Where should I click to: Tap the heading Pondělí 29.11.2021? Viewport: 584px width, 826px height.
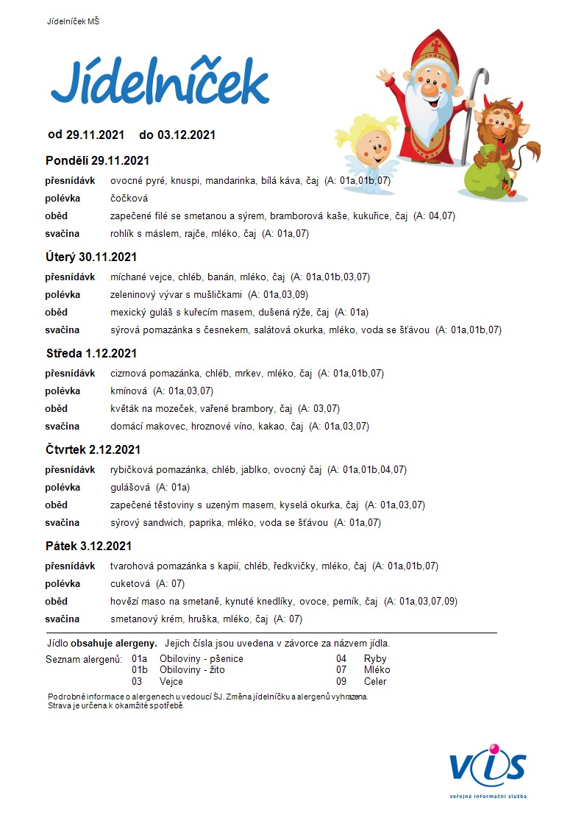[97, 160]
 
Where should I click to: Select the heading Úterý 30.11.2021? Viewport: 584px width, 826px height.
[91, 257]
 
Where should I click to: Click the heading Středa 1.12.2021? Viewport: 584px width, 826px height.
[92, 353]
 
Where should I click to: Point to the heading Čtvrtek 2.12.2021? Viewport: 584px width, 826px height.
[93, 449]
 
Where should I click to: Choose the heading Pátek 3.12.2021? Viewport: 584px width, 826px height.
[88, 546]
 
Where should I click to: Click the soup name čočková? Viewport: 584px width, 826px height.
[129, 198]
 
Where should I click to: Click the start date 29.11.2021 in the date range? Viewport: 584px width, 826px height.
[95, 135]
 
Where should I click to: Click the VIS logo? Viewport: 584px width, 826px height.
[488, 768]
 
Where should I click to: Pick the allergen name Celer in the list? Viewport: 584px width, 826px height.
[375, 681]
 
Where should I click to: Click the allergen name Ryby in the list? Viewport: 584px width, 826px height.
[375, 658]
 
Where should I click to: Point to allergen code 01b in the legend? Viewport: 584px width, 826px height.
[140, 670]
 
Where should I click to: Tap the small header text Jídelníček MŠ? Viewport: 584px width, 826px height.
[73, 21]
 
